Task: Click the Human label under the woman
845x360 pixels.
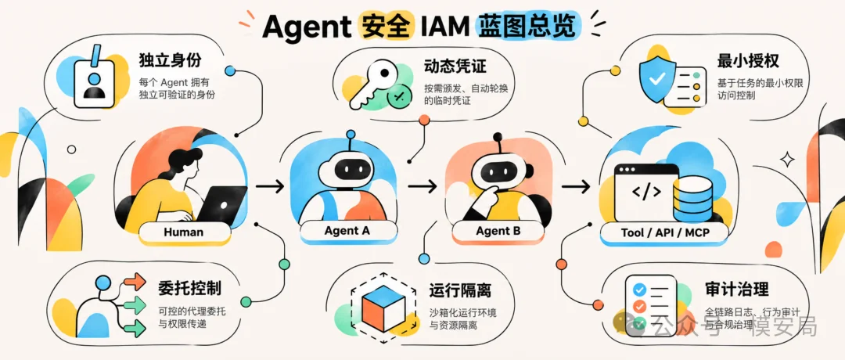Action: coord(184,232)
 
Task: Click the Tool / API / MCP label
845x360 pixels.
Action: coord(664,232)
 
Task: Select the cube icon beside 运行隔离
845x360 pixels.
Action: coord(383,307)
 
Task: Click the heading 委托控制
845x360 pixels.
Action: coord(190,289)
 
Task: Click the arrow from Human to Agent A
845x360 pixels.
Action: coord(269,186)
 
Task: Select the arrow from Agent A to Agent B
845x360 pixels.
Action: coord(422,186)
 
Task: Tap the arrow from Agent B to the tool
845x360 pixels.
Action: coord(576,186)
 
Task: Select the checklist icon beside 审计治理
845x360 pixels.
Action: coord(650,304)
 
